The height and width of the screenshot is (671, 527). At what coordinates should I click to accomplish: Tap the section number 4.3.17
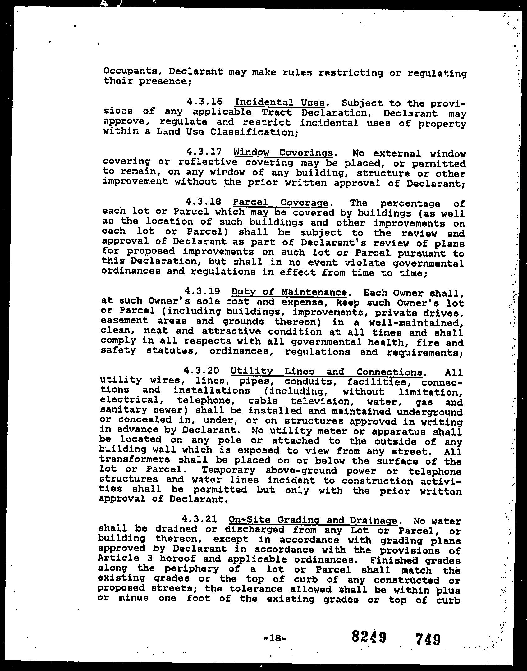point(204,152)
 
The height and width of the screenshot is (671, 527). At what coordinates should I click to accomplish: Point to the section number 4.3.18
point(203,202)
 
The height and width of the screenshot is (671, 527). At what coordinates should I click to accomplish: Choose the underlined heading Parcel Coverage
point(280,203)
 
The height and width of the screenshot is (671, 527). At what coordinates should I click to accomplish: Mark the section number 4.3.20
point(202,371)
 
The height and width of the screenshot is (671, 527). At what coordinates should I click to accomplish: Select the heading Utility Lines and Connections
point(327,372)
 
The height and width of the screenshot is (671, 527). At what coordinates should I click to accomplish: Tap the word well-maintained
point(416,322)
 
